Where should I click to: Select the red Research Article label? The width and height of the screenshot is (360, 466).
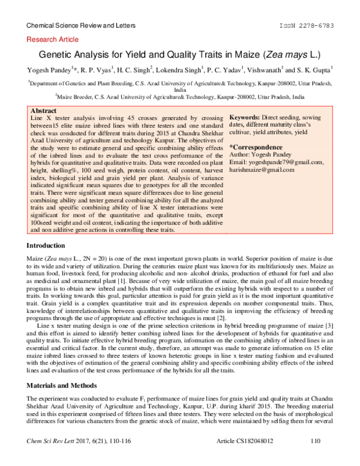[x=53, y=40]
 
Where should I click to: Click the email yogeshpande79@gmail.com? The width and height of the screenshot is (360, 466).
[x=277, y=162]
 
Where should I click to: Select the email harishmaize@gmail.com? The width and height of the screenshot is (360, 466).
[x=262, y=170]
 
